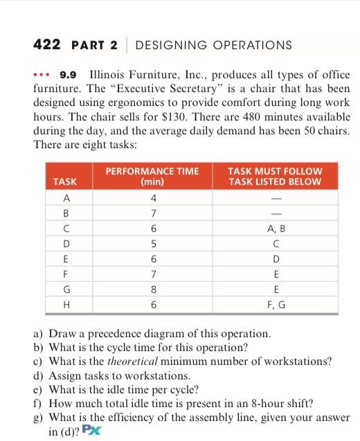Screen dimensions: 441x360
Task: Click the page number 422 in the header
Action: (x=48, y=46)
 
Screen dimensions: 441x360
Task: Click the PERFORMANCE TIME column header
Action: (x=152, y=176)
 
